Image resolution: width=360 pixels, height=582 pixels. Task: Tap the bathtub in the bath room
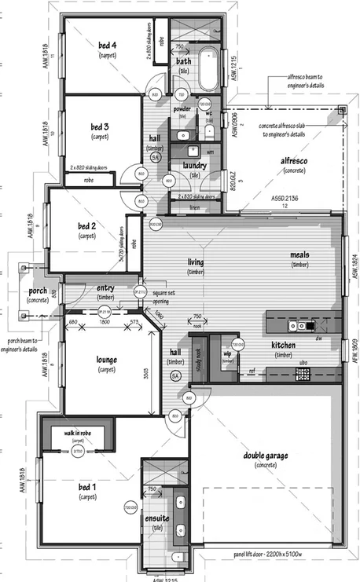[209, 71]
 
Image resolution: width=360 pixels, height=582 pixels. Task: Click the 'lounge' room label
[106, 359]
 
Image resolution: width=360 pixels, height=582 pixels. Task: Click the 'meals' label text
[300, 254]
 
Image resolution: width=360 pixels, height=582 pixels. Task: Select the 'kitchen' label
[283, 346]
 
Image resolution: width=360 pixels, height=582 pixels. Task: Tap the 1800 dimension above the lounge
[104, 322]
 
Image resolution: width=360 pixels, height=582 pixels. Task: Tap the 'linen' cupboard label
[194, 208]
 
